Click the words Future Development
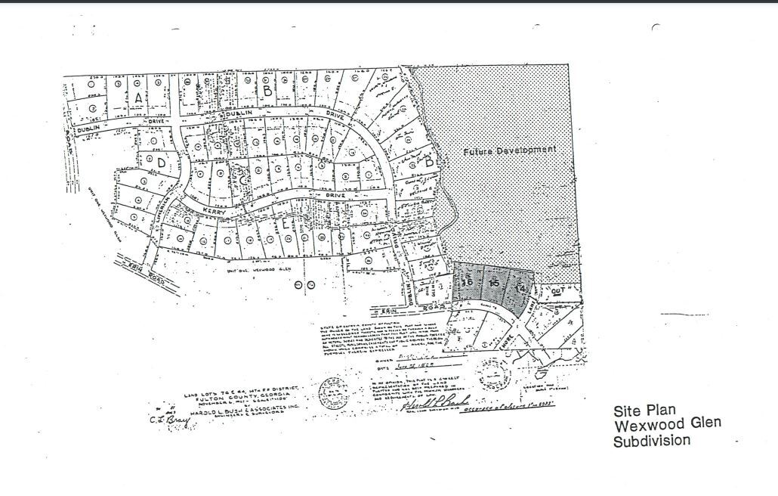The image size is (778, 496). pos(510,150)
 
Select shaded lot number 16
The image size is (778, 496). pos(467,282)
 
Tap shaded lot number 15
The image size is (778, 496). pos(494,284)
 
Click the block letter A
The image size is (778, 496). pos(138,98)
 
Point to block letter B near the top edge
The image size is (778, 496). pos(267,89)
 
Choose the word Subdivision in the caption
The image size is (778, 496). pos(651,441)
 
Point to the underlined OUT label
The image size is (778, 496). pos(559,290)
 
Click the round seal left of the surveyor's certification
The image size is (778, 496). pos(332,394)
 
